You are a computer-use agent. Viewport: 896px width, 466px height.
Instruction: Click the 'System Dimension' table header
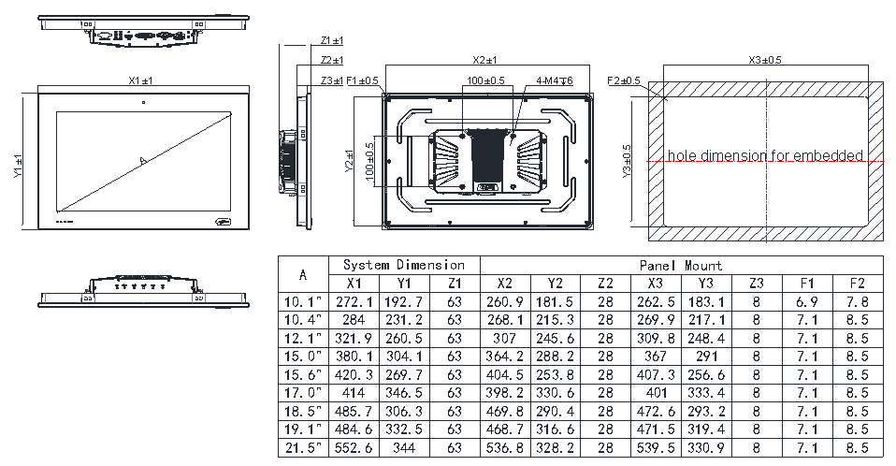pos(403,265)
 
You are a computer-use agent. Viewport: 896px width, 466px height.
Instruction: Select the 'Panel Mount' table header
pos(681,265)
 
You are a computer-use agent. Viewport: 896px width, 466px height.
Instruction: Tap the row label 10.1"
pos(303,302)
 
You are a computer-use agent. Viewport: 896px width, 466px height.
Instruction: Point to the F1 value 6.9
pos(807,302)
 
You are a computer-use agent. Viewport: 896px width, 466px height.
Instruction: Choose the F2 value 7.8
pos(857,302)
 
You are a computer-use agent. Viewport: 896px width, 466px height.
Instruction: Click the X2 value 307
pos(505,339)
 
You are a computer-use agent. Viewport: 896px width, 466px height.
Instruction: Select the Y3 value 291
pos(706,357)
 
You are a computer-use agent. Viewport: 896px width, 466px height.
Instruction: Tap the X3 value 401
pos(657,393)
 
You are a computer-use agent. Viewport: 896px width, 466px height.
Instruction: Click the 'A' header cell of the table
pos(303,275)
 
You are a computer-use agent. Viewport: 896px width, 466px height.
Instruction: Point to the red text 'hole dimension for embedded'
pos(765,155)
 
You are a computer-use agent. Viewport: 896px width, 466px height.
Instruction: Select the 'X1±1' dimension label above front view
pos(143,81)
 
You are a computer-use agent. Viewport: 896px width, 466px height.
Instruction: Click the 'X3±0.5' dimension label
pos(765,60)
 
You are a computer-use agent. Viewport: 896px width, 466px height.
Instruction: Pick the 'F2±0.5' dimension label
pos(624,81)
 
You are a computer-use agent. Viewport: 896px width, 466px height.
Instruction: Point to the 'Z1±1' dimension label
pos(331,41)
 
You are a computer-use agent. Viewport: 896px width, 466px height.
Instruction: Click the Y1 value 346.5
pos(405,393)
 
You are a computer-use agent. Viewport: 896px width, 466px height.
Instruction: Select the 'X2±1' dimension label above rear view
pos(485,60)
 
